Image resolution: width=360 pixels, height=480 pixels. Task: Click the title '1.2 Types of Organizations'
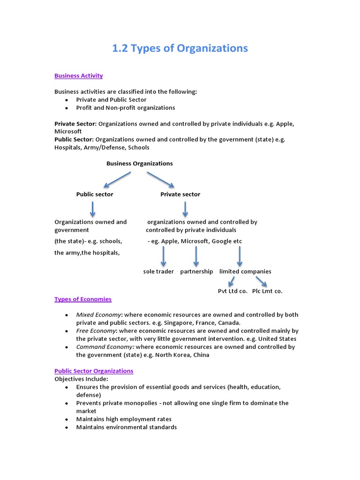(x=180, y=48)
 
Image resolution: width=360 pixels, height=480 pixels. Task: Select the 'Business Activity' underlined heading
(x=78, y=75)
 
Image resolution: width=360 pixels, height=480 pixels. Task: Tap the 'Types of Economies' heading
(x=83, y=299)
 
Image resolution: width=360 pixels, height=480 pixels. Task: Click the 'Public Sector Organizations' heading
(x=94, y=371)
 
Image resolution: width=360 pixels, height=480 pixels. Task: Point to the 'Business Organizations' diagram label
(x=139, y=164)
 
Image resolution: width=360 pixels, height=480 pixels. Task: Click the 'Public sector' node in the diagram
(x=95, y=194)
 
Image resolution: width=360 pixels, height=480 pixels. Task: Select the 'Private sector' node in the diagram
(x=180, y=194)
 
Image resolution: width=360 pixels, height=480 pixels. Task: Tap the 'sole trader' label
(x=158, y=271)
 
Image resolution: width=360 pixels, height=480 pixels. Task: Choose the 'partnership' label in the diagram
(x=196, y=271)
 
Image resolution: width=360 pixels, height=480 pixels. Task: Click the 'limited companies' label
(x=245, y=271)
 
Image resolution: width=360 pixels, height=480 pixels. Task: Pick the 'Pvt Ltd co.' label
(x=232, y=291)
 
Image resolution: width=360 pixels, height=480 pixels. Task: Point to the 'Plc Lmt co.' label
(x=267, y=291)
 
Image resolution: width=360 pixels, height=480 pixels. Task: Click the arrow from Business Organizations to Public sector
(x=117, y=180)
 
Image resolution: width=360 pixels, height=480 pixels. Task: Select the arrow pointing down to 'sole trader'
(x=164, y=256)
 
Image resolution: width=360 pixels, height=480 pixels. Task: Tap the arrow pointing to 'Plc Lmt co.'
(x=261, y=281)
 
